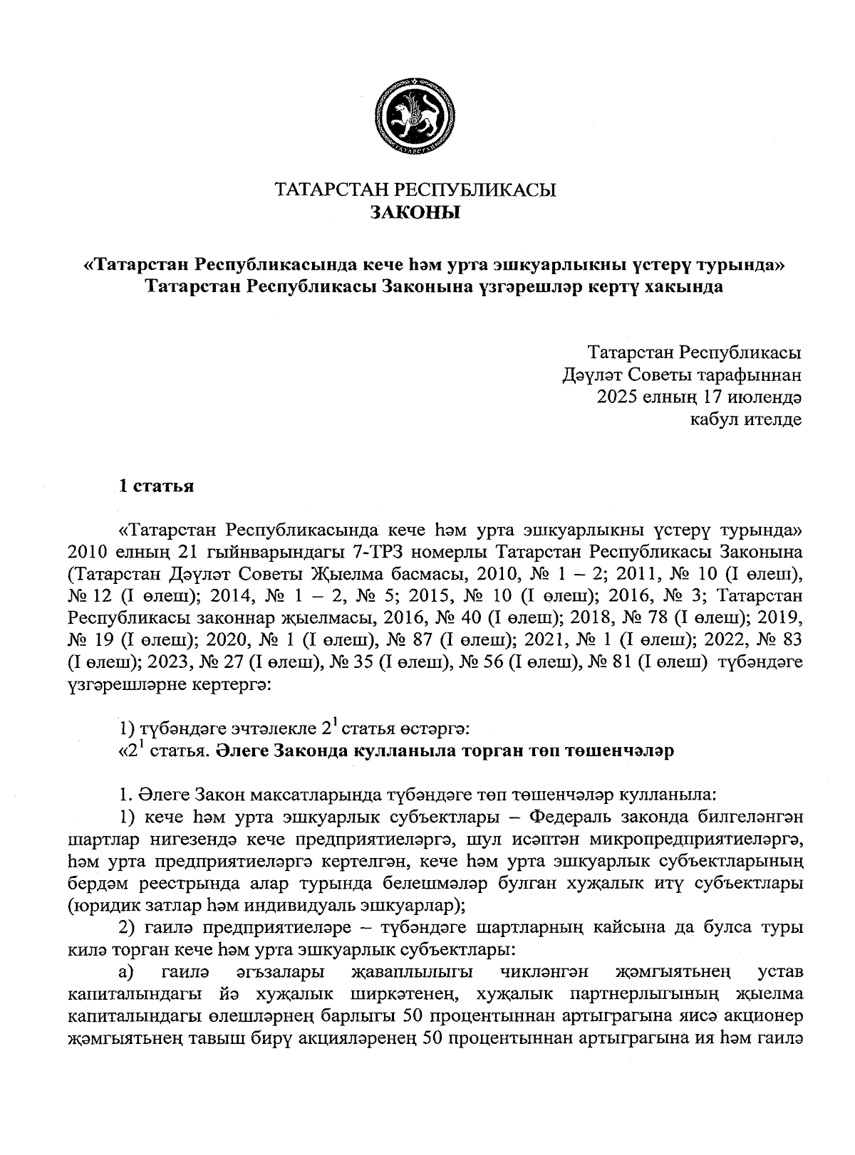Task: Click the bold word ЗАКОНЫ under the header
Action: coord(415,211)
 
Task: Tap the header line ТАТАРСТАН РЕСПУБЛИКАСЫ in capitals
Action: coord(415,189)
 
